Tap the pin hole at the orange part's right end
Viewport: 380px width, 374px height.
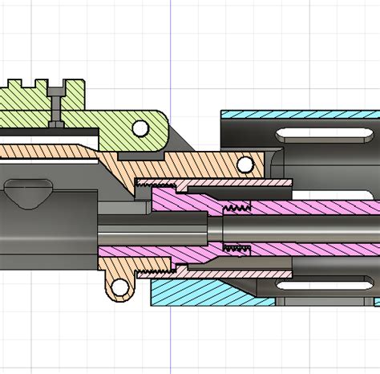coord(245,165)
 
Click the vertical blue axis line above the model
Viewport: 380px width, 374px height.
coord(171,48)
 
